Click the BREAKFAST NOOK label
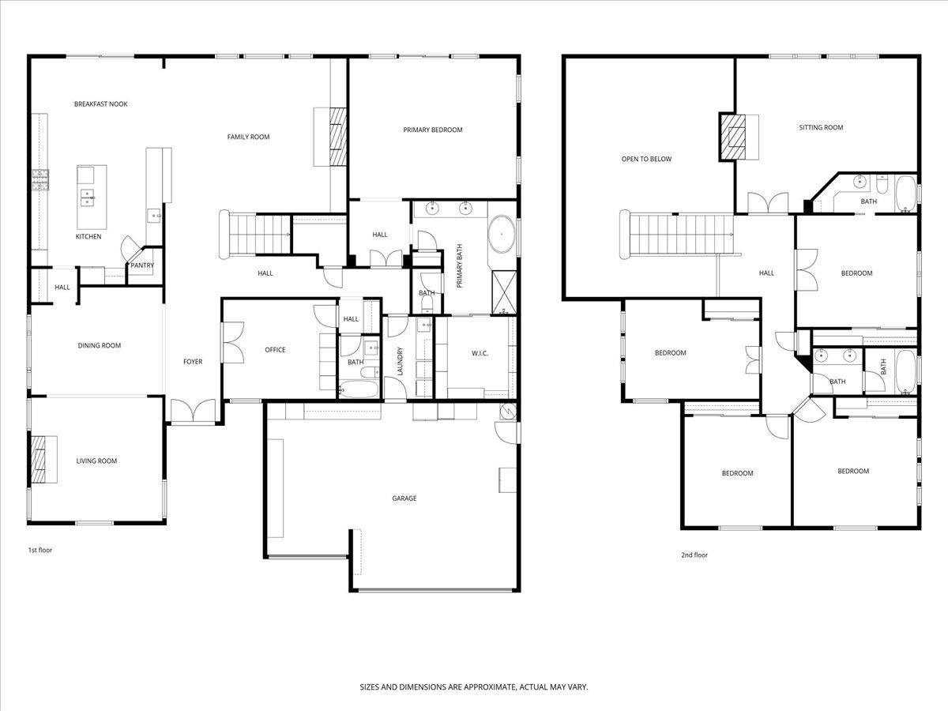tap(100, 104)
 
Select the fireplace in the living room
tap(39, 459)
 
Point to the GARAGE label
tap(404, 498)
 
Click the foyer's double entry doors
tap(192, 412)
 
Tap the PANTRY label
tap(142, 266)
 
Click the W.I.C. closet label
tap(480, 353)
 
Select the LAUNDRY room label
tap(401, 362)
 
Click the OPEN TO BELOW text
tap(646, 159)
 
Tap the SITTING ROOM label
tap(821, 127)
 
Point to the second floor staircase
tap(679, 234)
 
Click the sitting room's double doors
tap(767, 203)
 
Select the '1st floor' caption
tap(39, 550)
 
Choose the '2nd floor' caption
tap(694, 555)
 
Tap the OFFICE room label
tap(275, 350)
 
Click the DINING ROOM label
tap(99, 345)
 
